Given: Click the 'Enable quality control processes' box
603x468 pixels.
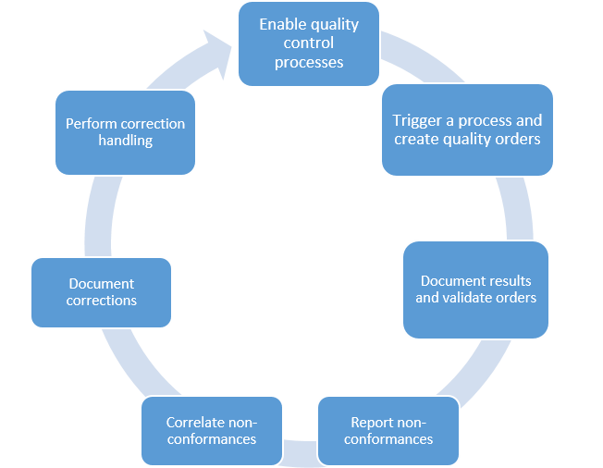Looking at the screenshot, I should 308,43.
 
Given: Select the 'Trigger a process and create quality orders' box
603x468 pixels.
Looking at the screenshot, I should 467,129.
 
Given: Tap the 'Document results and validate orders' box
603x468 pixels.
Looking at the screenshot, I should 475,289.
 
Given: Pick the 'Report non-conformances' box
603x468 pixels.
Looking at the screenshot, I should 388,430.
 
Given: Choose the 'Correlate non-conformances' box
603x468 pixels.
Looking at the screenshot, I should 211,430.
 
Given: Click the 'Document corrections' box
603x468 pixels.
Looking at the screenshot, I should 101,291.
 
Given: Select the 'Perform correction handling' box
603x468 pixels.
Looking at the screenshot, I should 125,132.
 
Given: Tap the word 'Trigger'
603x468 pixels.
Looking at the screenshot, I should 417,120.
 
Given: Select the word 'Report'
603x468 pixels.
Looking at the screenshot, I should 373,423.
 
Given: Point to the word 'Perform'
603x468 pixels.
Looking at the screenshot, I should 92,124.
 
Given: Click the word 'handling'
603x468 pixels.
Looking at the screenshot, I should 125,141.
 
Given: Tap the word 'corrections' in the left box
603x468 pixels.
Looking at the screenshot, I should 102,301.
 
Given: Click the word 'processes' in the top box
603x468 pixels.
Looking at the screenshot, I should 309,62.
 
